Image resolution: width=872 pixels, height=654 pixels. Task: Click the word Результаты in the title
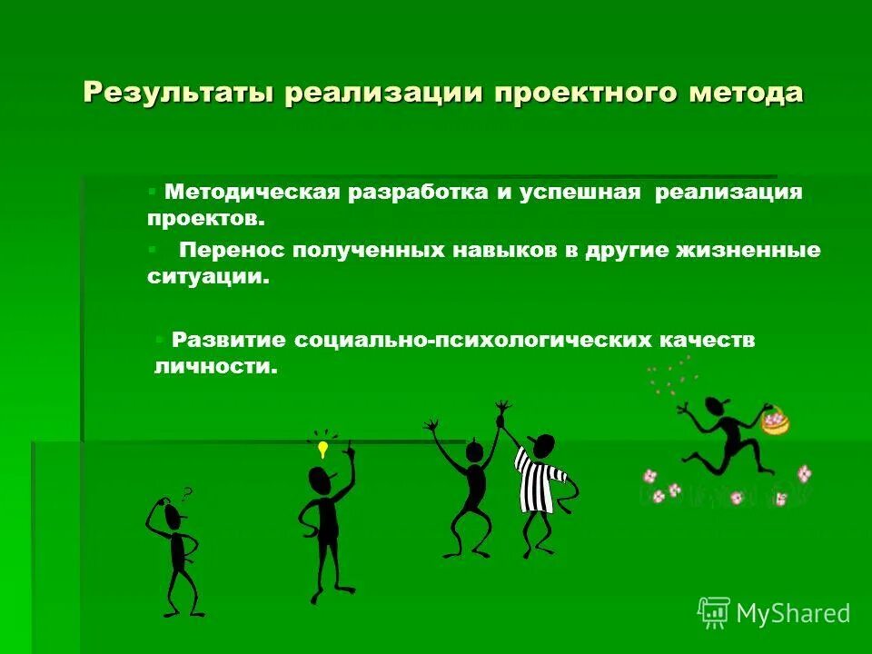coord(178,93)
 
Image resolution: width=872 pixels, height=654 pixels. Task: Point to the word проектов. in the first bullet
coord(206,219)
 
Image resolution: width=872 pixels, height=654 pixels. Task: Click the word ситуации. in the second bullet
coord(209,277)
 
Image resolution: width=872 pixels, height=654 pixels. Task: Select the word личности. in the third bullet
coord(214,367)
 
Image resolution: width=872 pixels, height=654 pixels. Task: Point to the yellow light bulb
coord(322,449)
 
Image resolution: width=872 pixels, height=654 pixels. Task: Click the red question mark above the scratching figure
coord(187,494)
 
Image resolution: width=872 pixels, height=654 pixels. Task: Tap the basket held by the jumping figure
coord(775,421)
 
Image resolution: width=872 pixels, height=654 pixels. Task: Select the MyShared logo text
coord(793,613)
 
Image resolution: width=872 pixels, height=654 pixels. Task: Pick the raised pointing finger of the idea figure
coord(349,448)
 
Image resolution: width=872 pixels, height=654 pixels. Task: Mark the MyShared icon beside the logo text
coord(714,612)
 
